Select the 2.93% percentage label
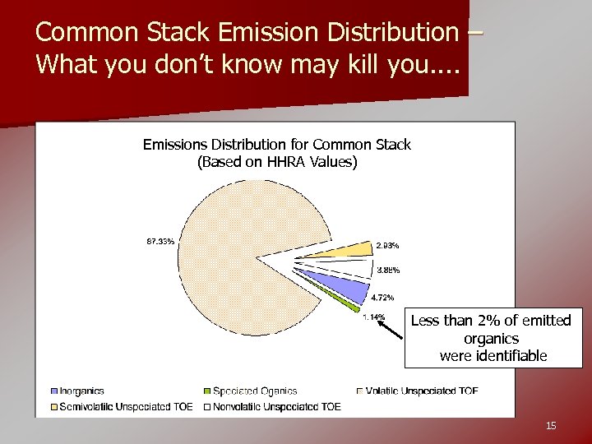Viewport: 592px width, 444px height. [387, 245]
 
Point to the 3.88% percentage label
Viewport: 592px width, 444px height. [388, 271]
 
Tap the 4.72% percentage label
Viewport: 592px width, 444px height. [382, 298]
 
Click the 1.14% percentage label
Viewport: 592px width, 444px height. [374, 317]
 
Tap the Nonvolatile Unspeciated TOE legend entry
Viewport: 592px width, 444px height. [275, 406]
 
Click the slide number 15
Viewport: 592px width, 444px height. [551, 425]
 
